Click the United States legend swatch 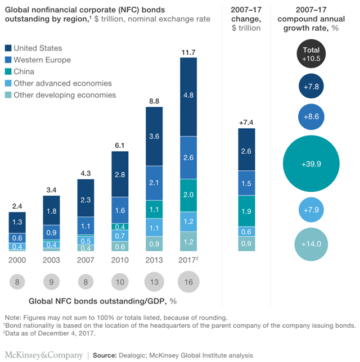(8, 48)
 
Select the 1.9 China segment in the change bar (245, 211)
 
